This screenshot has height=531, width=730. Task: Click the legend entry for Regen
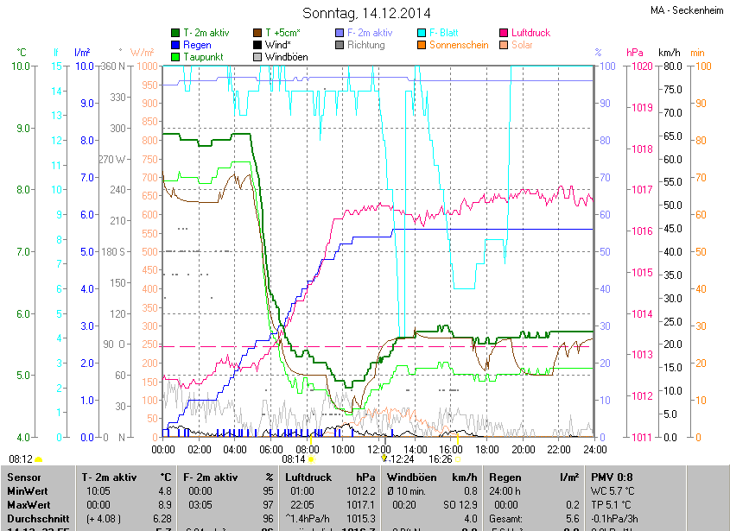coord(196,45)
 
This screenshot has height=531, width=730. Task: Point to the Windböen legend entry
coord(285,57)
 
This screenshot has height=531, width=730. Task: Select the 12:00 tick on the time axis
coord(378,449)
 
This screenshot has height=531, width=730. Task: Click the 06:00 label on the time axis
coord(271,449)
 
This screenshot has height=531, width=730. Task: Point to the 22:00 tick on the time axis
coord(558,449)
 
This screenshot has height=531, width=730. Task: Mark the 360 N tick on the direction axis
coord(113,66)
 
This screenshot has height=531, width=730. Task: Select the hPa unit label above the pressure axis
coord(634,53)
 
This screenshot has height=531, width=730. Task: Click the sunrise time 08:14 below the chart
coord(282,459)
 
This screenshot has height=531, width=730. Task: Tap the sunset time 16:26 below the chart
coord(441,459)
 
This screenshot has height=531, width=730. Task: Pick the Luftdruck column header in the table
coord(308,477)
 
